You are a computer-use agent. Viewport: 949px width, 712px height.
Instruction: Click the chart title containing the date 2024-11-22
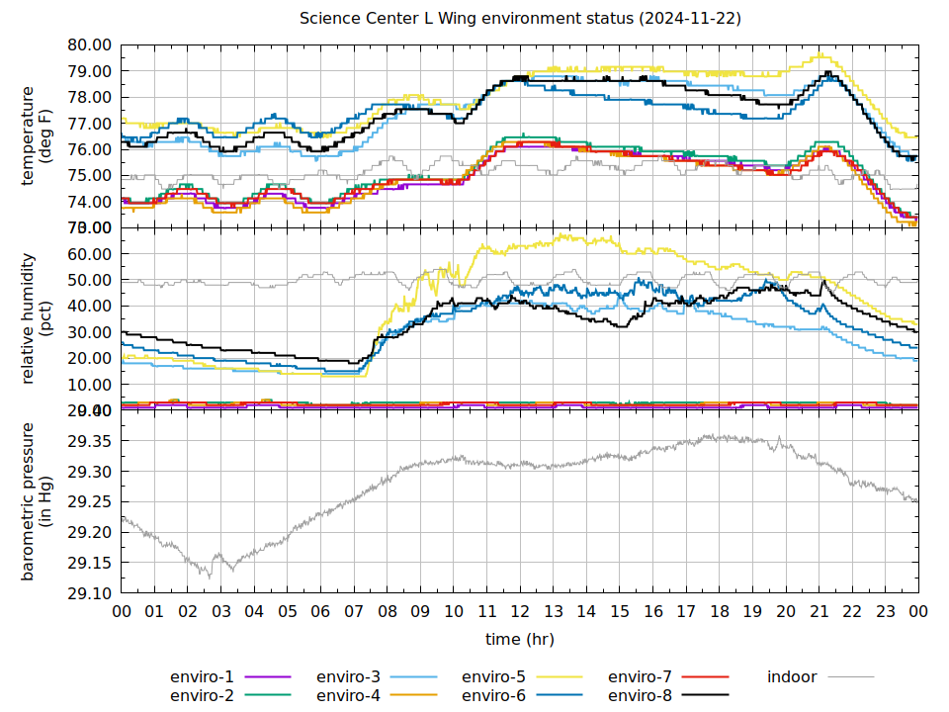tap(520, 19)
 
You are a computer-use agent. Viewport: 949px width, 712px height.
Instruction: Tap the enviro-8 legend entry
tap(640, 696)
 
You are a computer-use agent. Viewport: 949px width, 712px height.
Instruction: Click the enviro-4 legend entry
tap(348, 696)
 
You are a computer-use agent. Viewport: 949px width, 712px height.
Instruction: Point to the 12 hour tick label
tap(520, 612)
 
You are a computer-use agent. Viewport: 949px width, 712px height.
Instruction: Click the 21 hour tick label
tap(820, 612)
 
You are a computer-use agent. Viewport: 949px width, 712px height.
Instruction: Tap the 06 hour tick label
tap(320, 612)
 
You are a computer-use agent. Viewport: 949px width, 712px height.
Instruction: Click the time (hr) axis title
tap(520, 640)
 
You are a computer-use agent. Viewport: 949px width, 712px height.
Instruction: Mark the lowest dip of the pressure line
tap(209, 576)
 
